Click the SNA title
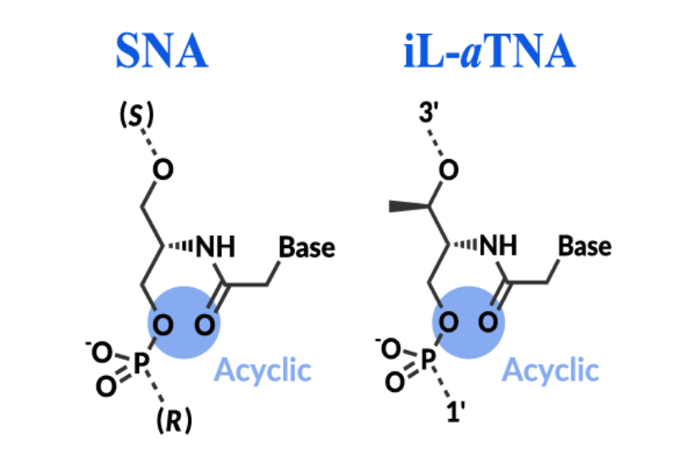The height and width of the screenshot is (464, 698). click(x=162, y=52)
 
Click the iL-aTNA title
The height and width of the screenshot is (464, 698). click(x=490, y=52)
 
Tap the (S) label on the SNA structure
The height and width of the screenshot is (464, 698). click(x=136, y=114)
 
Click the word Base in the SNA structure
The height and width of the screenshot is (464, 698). click(x=307, y=247)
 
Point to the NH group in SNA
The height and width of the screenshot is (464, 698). click(x=216, y=247)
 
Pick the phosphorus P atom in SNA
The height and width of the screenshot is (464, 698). click(x=140, y=364)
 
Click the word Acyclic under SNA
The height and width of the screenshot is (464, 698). click(x=263, y=369)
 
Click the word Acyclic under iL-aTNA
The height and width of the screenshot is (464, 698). click(x=550, y=369)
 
